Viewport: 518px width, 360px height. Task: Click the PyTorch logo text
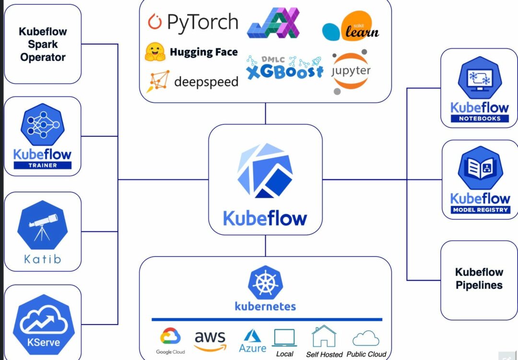(x=202, y=22)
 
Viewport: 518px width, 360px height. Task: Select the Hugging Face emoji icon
(x=155, y=52)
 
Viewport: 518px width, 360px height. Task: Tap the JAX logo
(x=273, y=23)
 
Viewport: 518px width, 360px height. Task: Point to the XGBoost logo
(x=284, y=68)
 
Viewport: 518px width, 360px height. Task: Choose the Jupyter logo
(x=351, y=72)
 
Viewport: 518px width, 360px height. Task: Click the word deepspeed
(x=206, y=82)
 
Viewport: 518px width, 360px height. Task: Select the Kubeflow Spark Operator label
(x=42, y=44)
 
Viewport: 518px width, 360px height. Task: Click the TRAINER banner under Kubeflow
(x=42, y=165)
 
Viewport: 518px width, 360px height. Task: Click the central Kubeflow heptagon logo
(x=265, y=170)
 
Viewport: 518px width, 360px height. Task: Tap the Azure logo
(x=252, y=339)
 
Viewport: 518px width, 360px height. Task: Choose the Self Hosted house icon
(x=324, y=336)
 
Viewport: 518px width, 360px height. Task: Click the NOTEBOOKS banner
(x=480, y=119)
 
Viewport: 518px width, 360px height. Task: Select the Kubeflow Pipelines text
(x=479, y=278)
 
